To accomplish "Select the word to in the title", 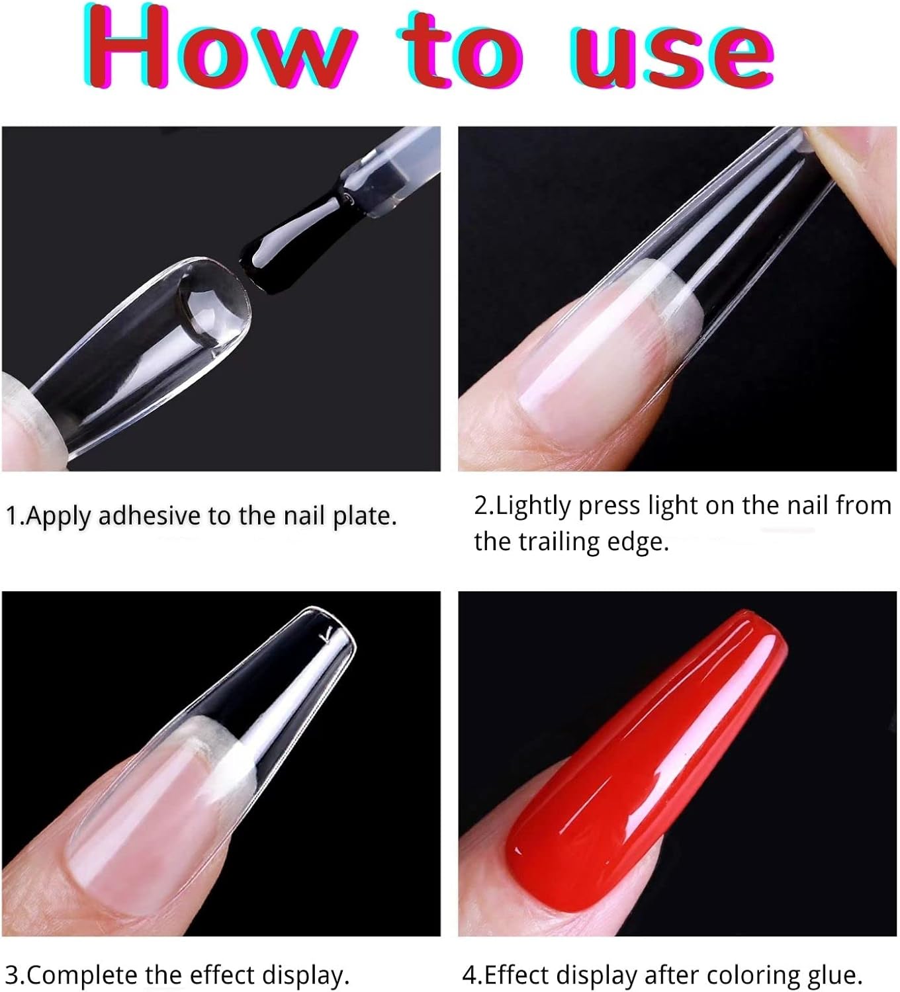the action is tap(461, 52).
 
